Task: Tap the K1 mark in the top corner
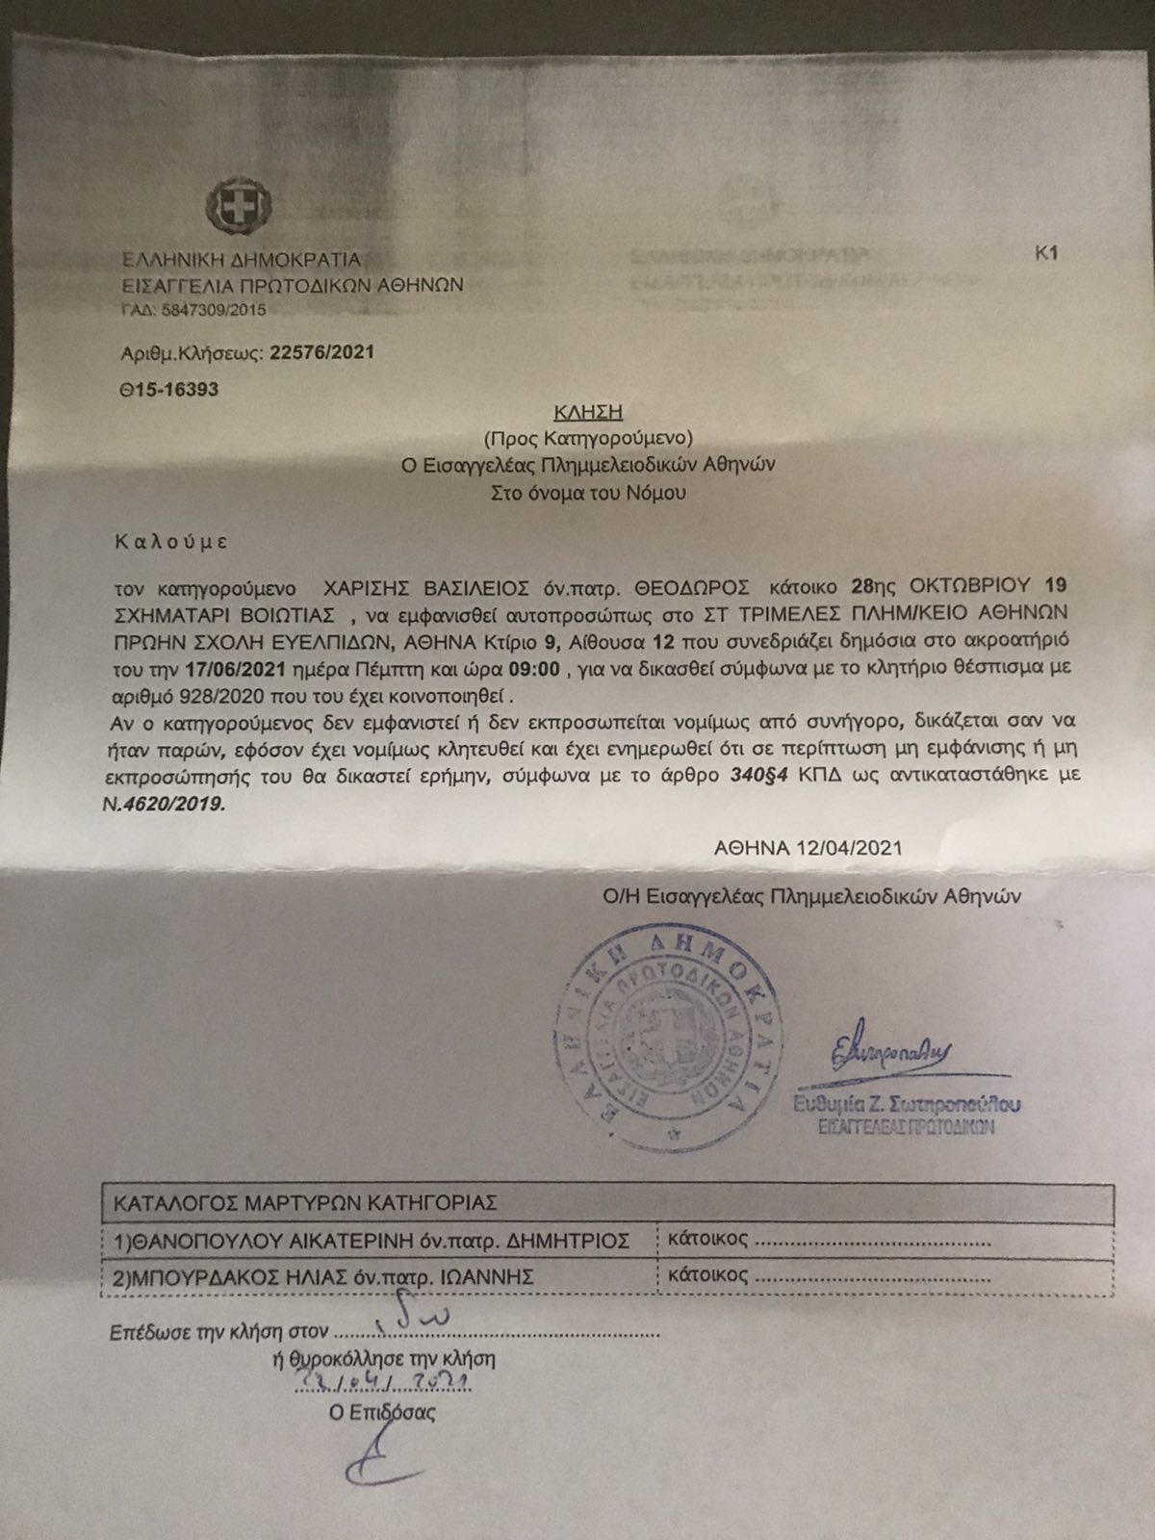click(1046, 254)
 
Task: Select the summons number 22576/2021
click(322, 353)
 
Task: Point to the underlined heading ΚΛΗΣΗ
click(589, 413)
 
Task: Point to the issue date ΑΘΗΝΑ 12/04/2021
click(808, 848)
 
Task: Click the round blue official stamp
click(656, 1038)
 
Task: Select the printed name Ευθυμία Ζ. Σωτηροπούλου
click(906, 1105)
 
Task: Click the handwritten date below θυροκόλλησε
click(380, 1382)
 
